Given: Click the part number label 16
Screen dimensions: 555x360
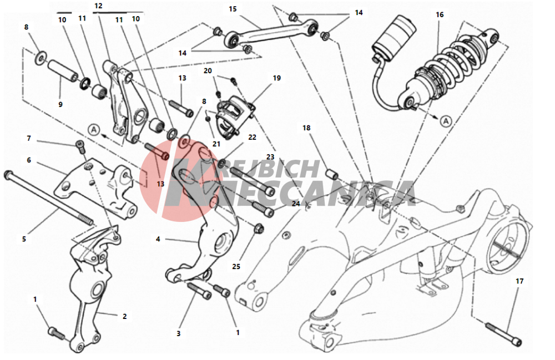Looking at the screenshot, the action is click(439, 14).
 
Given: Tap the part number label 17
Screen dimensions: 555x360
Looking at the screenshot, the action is click(519, 281).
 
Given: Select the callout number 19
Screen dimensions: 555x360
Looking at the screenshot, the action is click(276, 78).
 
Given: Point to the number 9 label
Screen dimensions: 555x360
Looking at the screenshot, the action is click(60, 104).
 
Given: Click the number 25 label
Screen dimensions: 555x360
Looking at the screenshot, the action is click(236, 266).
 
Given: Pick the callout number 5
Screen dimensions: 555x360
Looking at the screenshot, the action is click(24, 239).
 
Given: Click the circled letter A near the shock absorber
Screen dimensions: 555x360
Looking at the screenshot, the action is click(446, 121).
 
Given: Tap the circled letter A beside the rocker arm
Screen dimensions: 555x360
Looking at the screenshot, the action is click(94, 130).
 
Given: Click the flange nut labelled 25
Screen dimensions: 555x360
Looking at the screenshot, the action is click(258, 229).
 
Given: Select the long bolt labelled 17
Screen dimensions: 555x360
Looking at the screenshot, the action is click(504, 333).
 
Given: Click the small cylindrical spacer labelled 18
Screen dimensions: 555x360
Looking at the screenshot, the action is click(332, 174).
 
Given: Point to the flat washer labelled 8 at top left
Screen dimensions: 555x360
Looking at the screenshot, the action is click(41, 57).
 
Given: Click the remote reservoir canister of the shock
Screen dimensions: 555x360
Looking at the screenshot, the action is click(393, 38).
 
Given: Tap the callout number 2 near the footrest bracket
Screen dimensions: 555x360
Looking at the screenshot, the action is click(124, 316).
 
